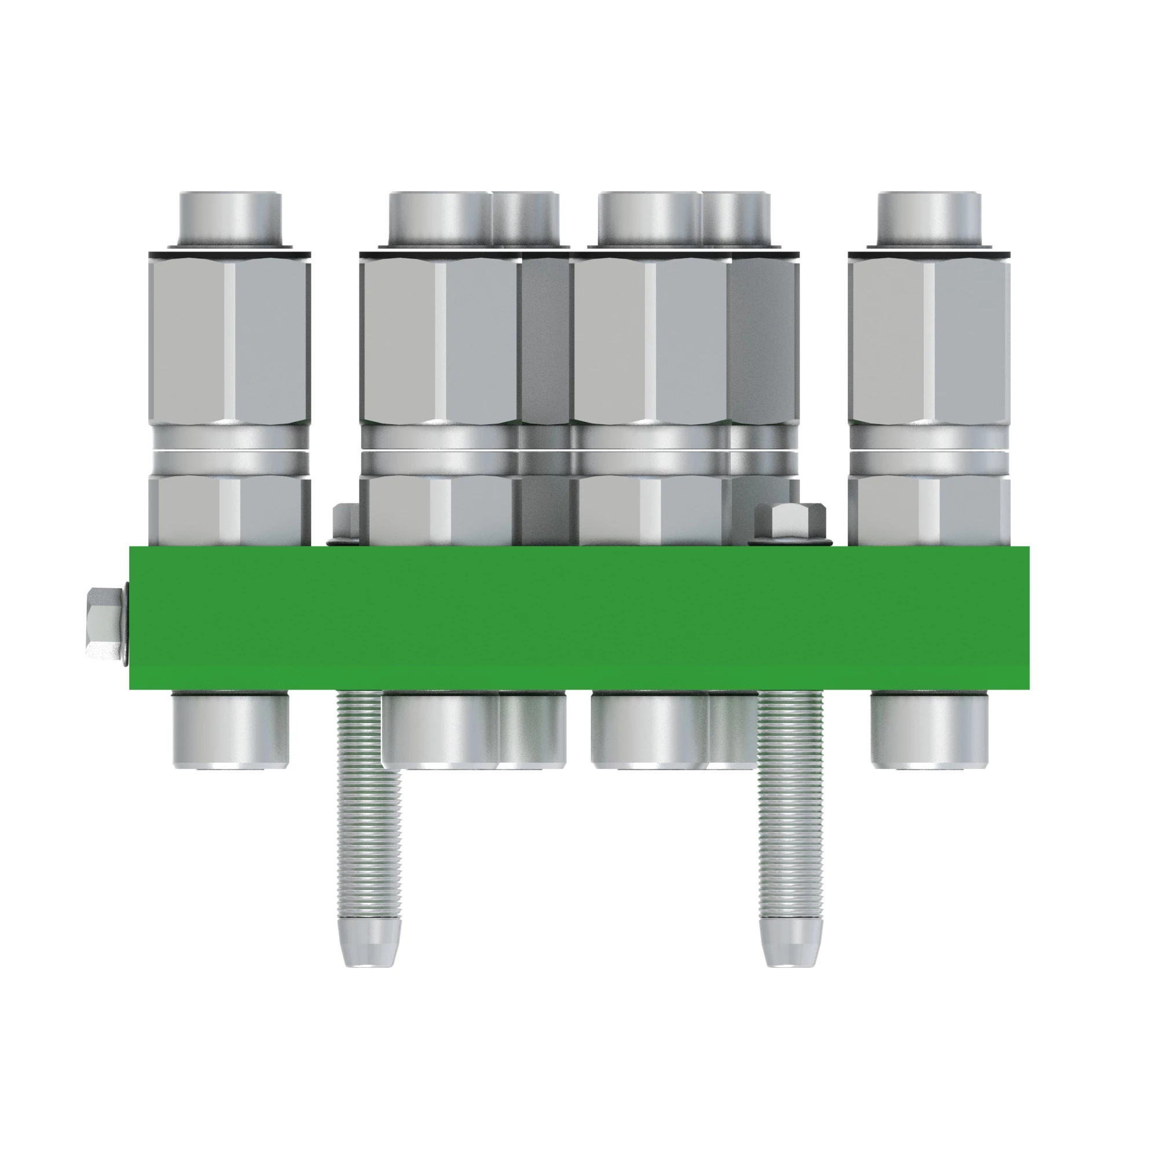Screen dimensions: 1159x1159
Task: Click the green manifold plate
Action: tap(579, 618)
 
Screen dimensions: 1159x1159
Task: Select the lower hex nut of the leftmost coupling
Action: tap(229, 510)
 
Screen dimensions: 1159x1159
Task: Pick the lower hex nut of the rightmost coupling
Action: tap(928, 510)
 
